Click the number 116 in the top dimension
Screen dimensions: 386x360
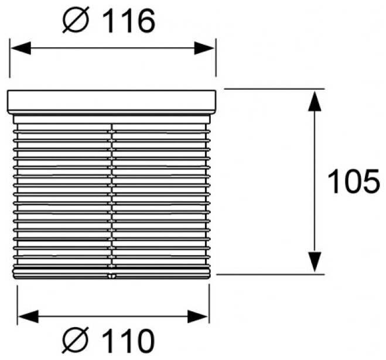click(130, 22)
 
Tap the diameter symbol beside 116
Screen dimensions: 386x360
click(77, 22)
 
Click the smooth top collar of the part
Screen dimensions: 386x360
click(112, 101)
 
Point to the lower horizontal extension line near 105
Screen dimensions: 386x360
click(269, 273)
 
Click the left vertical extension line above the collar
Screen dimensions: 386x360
click(10, 59)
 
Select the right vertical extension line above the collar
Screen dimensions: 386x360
click(216, 59)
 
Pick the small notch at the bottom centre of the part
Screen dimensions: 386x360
click(112, 276)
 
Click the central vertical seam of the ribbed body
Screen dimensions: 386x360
click(112, 193)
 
